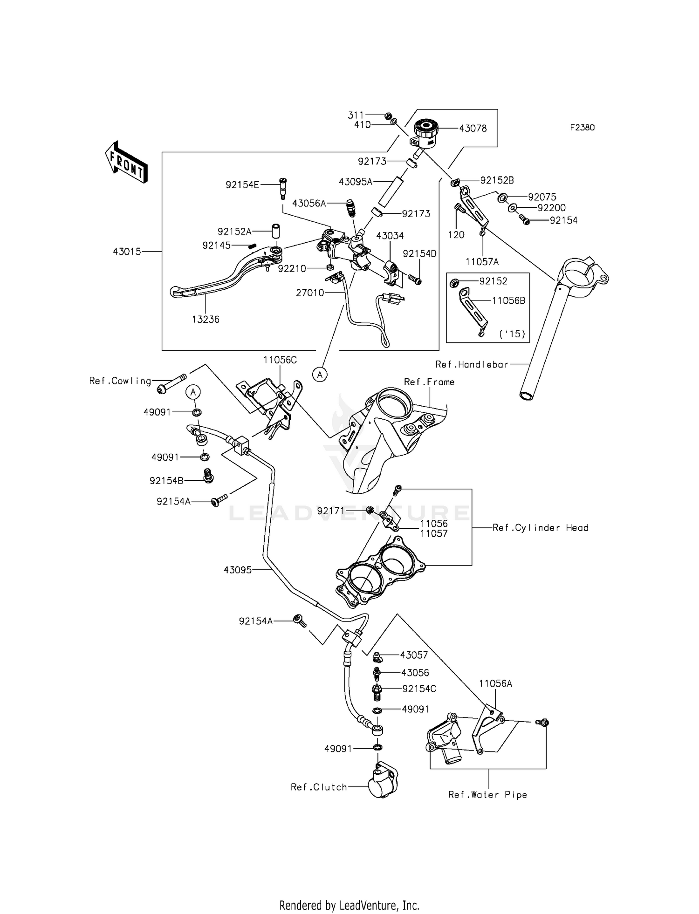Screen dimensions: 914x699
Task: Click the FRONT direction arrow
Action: point(126,162)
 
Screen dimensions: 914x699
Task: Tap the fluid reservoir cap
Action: point(425,125)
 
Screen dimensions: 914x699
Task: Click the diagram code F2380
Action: point(582,128)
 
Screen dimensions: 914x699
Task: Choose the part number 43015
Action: point(127,252)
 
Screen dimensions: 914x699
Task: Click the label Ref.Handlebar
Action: point(472,364)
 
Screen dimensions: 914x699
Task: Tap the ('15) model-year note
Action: point(512,334)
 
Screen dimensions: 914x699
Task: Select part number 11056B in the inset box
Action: point(508,300)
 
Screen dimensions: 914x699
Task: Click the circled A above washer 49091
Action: point(194,392)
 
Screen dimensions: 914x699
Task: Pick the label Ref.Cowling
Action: point(120,381)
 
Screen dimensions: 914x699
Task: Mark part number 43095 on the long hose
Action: point(238,570)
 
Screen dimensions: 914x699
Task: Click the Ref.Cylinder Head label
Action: point(540,528)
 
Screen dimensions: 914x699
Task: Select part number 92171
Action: point(331,511)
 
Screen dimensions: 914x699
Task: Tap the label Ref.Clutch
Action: point(319,787)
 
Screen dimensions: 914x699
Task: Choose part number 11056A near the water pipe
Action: point(495,683)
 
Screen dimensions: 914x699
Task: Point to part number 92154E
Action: point(242,185)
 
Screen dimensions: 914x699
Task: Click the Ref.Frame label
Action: point(429,382)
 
